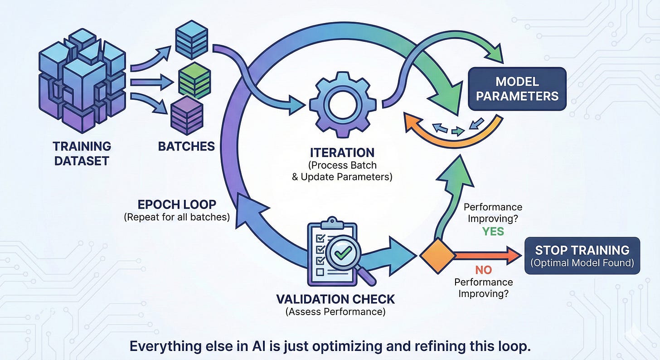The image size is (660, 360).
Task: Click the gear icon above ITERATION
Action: pos(343,105)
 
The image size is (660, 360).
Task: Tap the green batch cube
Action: pos(195,81)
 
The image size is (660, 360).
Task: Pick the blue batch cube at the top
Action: pos(192,40)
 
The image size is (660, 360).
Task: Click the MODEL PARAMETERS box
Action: pos(517,89)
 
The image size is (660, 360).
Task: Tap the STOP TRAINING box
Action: pos(582,256)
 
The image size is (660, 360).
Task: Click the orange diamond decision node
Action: pos(437,256)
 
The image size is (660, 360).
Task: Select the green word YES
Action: pos(493,232)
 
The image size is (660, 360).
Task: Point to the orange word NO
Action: pos(484,270)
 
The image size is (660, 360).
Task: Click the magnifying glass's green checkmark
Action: pos(344,253)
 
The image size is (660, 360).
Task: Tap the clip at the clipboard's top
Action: pos(332,223)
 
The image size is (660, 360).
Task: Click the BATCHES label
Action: pos(186,146)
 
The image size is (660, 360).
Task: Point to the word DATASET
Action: pos(82,161)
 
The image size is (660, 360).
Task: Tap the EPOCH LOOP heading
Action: pos(177,204)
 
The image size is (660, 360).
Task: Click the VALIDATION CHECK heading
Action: pos(335,299)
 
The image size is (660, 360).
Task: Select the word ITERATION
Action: pos(342,153)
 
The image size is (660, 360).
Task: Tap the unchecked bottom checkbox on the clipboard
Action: pos(320,272)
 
